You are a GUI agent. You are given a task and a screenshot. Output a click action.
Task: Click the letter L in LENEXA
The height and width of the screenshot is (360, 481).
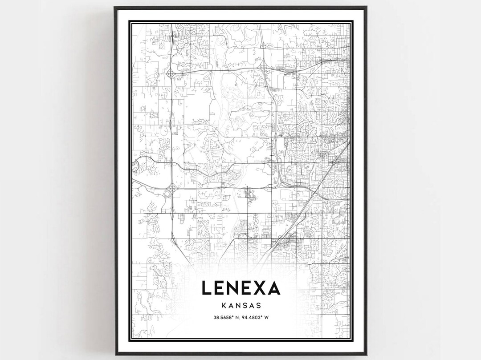(207, 288)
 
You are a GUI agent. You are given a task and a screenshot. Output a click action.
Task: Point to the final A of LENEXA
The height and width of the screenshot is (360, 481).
(272, 288)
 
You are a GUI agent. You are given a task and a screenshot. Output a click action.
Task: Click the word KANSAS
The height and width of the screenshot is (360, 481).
(240, 306)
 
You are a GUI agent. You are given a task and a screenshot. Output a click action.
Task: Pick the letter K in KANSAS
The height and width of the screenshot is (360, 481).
(223, 306)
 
